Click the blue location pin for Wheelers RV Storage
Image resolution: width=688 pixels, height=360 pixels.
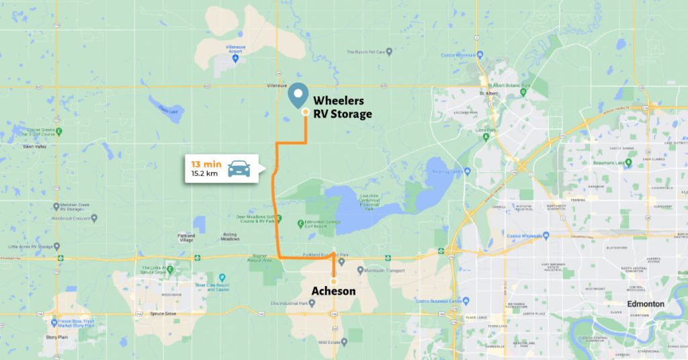(299, 95)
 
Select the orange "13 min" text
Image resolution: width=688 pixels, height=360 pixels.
(206, 164)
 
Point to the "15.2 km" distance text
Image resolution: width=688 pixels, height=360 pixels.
(204, 174)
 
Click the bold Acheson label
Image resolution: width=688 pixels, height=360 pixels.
(333, 291)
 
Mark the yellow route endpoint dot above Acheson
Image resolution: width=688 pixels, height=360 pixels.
(333, 281)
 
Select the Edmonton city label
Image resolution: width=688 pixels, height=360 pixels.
(645, 304)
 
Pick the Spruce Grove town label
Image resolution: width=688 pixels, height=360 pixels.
(162, 314)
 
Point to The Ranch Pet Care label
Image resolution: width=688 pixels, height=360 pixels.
(369, 52)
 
